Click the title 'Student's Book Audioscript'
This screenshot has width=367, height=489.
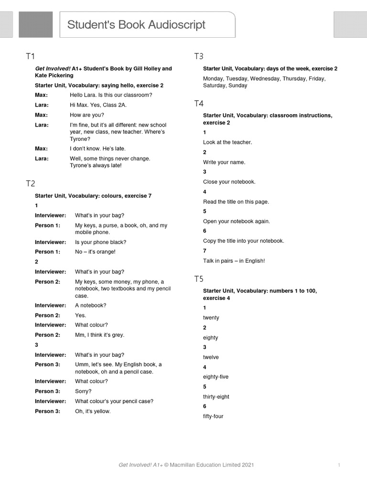(136, 25)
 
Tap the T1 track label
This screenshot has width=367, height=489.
(31, 57)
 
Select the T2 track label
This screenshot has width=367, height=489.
(31, 183)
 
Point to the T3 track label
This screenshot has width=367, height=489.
(199, 56)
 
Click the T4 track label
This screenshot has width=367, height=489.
(199, 104)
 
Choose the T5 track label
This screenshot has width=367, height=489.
(199, 279)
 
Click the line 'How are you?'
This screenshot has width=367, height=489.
(86, 115)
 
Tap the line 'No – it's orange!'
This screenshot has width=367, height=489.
(95, 252)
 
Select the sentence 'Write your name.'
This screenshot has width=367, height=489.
(224, 162)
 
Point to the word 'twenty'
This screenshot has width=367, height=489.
(211, 318)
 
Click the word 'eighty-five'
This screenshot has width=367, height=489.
(216, 377)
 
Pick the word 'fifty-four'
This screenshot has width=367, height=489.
(213, 416)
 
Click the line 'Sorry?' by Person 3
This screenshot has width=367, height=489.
(83, 391)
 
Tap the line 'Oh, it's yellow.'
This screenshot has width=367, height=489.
(93, 411)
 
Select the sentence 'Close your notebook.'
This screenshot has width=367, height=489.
(229, 182)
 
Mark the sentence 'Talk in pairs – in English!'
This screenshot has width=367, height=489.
(234, 261)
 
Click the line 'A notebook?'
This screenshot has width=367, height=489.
(91, 305)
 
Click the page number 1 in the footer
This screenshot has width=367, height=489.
(339, 465)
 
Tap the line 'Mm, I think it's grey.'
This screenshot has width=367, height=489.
(99, 335)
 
